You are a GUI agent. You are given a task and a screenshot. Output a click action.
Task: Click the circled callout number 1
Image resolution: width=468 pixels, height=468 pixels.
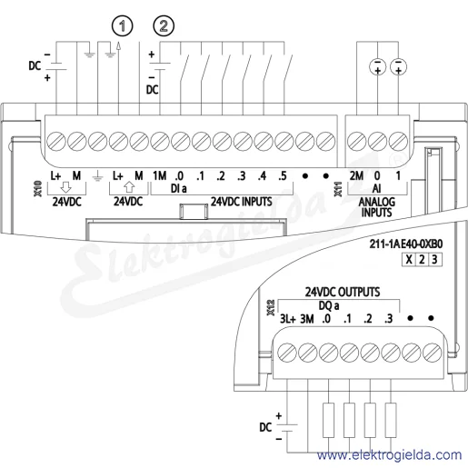click(123, 26)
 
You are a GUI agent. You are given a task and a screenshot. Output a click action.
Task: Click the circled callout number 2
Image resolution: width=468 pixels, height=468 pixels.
click(164, 26)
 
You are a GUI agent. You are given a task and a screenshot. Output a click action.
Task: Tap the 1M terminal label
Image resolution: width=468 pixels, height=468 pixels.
click(159, 175)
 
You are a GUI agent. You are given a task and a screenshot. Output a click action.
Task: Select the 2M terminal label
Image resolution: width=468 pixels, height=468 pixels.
click(356, 175)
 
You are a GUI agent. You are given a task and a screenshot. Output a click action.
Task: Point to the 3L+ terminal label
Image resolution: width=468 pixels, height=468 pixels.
click(287, 319)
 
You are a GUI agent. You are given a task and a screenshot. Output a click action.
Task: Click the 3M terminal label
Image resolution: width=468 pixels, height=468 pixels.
click(307, 319)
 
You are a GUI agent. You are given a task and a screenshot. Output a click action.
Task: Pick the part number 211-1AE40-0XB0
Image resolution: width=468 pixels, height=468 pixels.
click(406, 244)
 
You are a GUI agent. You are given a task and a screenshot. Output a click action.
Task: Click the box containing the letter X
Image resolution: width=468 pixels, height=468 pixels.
click(409, 260)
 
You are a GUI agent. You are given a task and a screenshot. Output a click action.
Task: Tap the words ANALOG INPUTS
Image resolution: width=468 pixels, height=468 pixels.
click(376, 207)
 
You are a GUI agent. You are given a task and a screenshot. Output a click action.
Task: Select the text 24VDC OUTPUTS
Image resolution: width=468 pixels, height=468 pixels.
click(343, 292)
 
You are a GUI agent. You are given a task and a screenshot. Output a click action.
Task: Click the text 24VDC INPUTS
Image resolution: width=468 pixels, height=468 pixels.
click(242, 202)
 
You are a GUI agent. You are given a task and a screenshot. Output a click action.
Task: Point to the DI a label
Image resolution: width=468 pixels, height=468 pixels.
click(178, 189)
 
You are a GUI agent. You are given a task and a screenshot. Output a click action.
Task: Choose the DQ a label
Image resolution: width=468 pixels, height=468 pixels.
click(329, 306)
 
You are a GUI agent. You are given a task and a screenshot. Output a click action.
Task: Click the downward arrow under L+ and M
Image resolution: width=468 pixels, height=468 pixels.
click(65, 188)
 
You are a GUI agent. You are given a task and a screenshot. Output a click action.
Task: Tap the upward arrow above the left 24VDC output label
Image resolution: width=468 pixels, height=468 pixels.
click(129, 187)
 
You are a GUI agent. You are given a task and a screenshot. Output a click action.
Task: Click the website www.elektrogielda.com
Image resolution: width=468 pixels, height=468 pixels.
click(389, 455)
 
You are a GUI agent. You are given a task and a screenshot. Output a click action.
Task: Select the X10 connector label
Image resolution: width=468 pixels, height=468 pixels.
click(38, 189)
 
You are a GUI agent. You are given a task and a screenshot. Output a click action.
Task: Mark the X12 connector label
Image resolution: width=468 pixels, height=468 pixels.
click(271, 308)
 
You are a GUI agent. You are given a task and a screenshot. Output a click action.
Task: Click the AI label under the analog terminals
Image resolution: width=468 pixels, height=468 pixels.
click(376, 189)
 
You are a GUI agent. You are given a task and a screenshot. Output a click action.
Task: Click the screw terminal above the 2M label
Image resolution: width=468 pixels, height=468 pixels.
click(357, 142)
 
